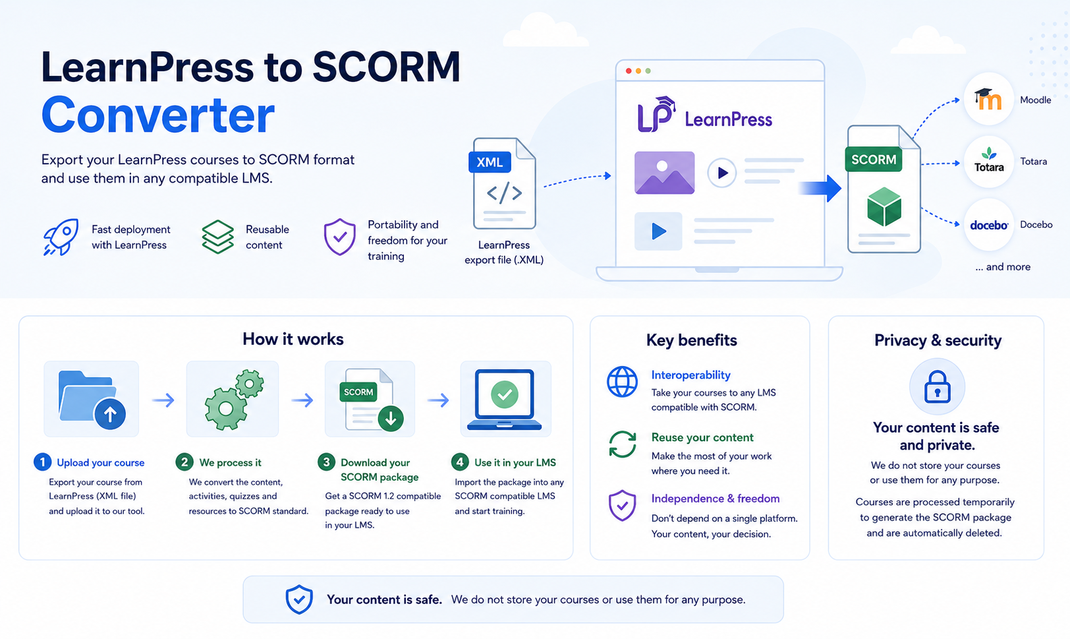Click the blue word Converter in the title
click(157, 115)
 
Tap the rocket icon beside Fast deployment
click(61, 237)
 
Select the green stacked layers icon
click(218, 237)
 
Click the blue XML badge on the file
click(490, 162)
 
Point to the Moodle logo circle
click(988, 100)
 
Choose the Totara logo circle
click(988, 162)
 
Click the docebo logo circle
click(988, 225)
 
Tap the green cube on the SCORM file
click(884, 206)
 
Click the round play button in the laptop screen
click(721, 173)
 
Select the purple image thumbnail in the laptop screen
click(664, 173)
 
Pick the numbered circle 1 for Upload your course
click(43, 462)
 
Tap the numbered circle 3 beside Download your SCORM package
click(326, 462)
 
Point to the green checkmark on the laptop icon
click(505, 394)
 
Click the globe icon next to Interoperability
click(622, 382)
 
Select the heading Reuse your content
click(702, 437)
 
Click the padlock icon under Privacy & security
click(937, 386)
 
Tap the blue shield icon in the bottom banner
click(299, 599)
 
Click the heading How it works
click(293, 339)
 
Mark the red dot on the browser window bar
click(629, 71)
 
